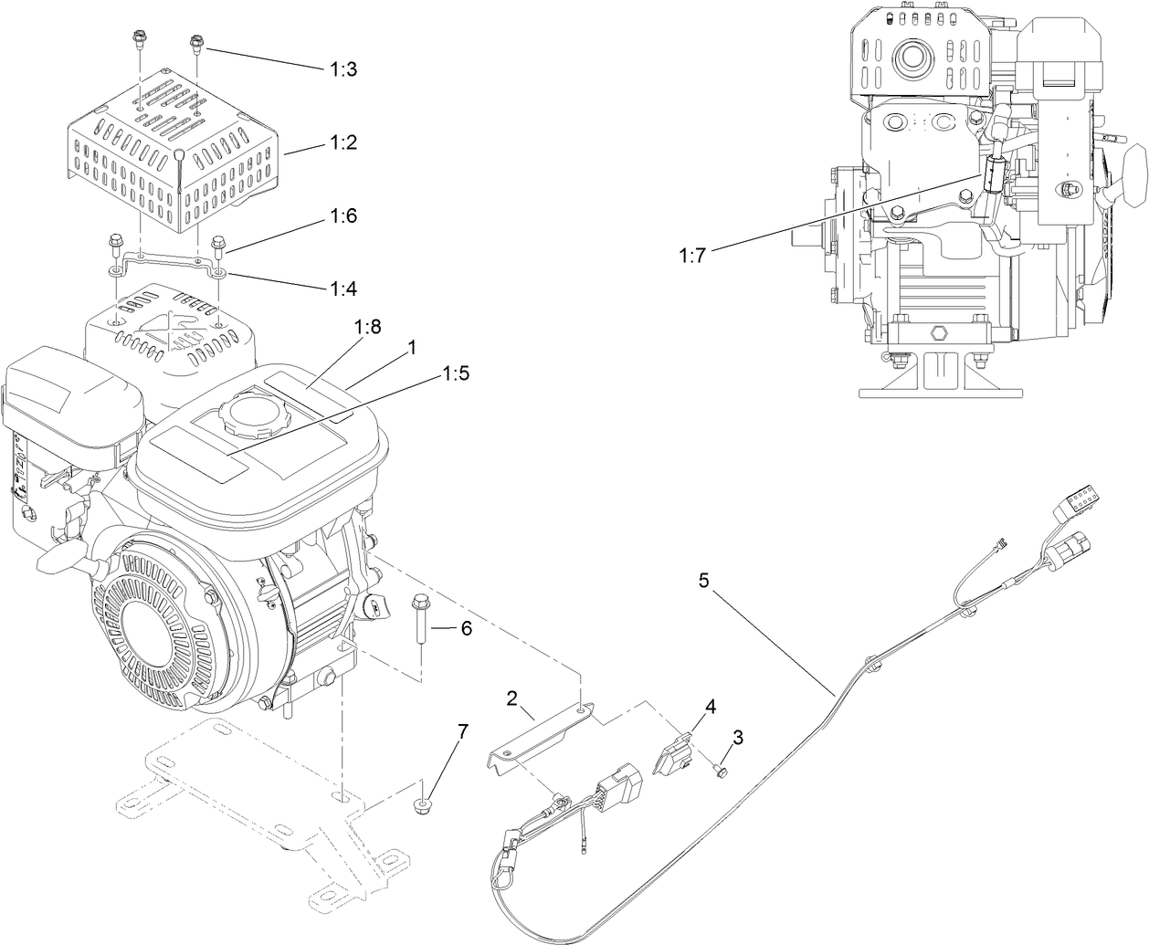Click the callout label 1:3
coord(344,68)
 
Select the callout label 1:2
coord(344,143)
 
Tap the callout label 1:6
coord(344,216)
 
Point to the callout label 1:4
coord(344,289)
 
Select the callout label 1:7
coord(692,257)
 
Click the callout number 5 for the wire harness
coord(703,580)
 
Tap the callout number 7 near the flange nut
coord(463,731)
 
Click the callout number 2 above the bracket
coord(511,698)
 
